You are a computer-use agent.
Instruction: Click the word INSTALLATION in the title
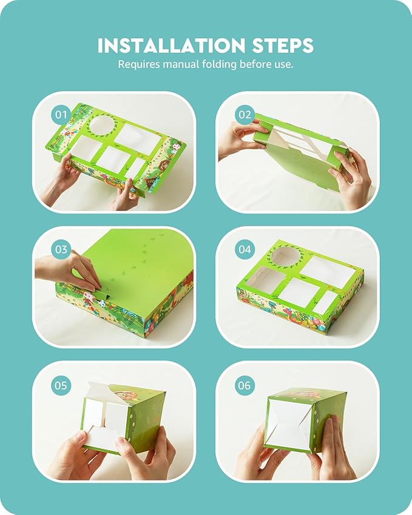point(172,45)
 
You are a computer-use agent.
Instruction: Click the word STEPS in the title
point(283,45)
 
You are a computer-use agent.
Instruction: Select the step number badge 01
point(61,115)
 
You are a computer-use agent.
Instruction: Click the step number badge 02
point(245,115)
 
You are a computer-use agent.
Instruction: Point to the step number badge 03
point(61,249)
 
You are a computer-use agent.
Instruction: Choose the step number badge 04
point(245,249)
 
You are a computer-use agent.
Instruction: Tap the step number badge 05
point(61,385)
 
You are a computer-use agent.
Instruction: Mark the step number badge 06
point(245,385)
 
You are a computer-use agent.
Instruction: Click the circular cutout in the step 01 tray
point(103,126)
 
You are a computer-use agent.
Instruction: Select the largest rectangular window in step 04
point(328,271)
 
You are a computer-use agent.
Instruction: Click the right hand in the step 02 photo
point(351,178)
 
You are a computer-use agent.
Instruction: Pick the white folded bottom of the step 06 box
point(289,423)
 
